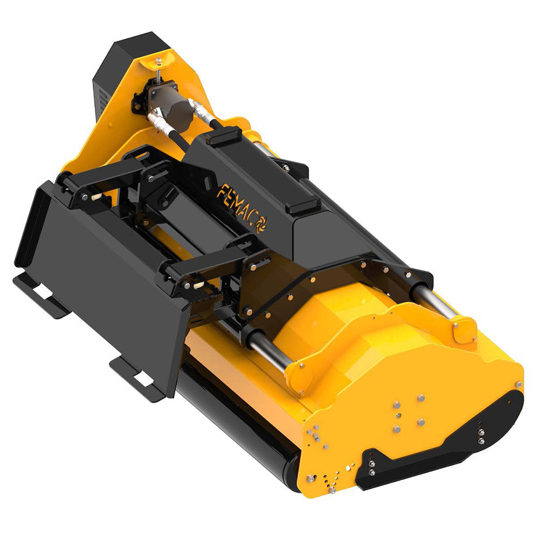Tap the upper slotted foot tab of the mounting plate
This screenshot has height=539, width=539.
[x=40, y=294]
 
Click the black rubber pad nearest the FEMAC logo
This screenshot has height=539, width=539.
[x=303, y=205]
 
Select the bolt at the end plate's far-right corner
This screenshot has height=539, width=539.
[x=518, y=384]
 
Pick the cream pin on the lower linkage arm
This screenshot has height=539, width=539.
[x=198, y=284]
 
